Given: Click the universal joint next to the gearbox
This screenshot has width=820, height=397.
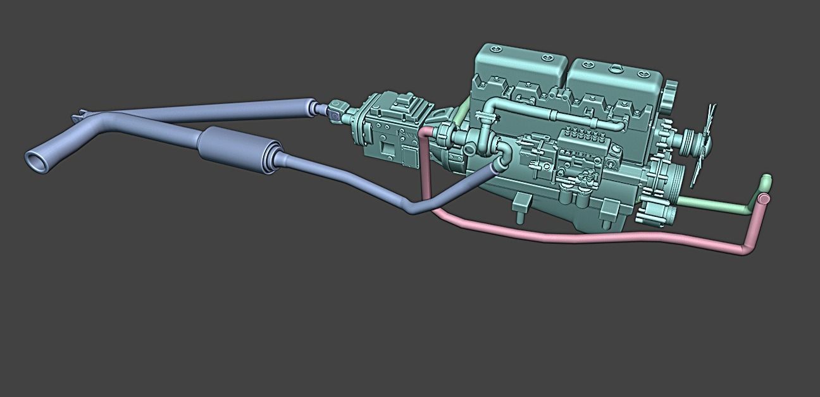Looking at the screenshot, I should [x=337, y=110].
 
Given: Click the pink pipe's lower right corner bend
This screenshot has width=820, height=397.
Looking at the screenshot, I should [x=747, y=250].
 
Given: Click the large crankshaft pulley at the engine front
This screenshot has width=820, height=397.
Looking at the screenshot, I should [x=661, y=190].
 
